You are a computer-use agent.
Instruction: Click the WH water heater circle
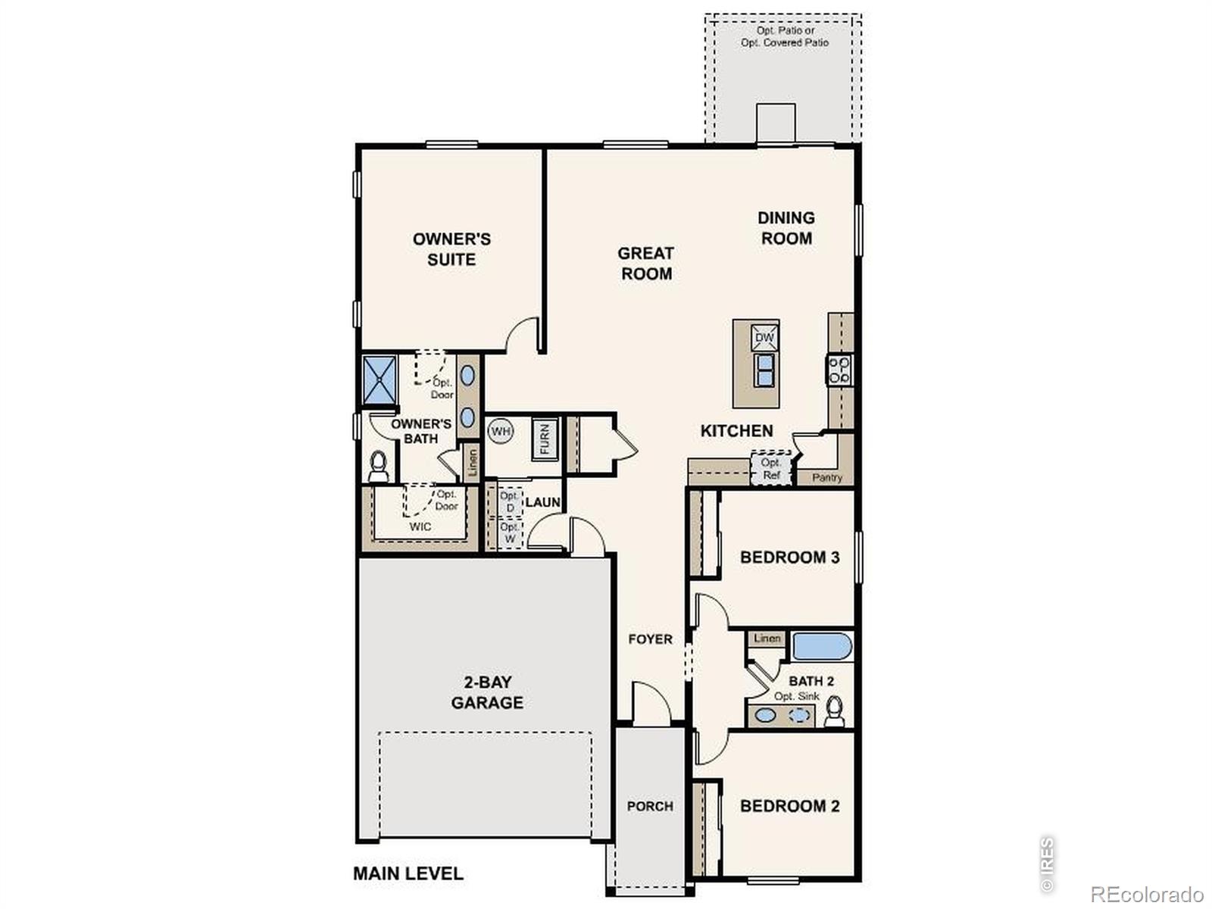(500, 431)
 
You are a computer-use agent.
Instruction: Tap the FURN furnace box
(545, 439)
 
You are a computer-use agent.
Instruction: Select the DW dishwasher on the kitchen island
(764, 338)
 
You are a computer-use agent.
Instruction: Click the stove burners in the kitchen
(839, 370)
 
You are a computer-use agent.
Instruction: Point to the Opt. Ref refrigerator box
(771, 469)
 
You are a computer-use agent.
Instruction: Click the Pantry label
(827, 477)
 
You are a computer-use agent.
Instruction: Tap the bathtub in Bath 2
(822, 646)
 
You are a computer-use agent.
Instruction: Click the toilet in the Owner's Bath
(378, 467)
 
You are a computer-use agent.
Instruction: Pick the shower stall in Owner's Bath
(380, 380)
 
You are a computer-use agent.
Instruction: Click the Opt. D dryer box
(510, 501)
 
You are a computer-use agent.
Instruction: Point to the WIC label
(420, 526)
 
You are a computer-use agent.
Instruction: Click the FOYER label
(651, 639)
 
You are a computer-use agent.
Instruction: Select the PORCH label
(650, 806)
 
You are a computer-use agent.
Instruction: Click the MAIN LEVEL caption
(408, 873)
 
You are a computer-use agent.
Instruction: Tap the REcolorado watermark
(1147, 894)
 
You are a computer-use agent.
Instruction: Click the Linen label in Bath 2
(767, 638)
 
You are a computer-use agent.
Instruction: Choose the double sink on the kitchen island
(764, 370)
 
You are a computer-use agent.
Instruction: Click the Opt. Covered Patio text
(785, 42)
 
